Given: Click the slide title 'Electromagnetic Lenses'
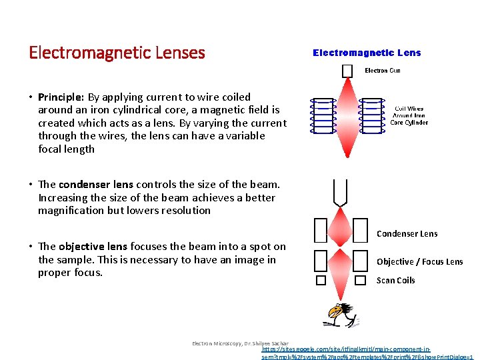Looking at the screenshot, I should (117, 52).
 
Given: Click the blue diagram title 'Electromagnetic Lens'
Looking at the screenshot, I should (367, 53).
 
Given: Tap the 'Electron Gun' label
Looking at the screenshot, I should (382, 71).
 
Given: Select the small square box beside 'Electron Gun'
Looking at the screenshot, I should (347, 71).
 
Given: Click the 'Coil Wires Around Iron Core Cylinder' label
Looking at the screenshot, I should (409, 116).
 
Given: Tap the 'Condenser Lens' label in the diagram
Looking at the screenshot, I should (407, 233).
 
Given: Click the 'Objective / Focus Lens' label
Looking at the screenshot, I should (419, 261).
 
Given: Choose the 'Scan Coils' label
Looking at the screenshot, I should (395, 280).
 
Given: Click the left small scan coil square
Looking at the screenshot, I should (321, 281).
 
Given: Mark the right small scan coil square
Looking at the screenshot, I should (360, 281).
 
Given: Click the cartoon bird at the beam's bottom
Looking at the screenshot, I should (341, 314).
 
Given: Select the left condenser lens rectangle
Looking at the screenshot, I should (320, 231).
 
